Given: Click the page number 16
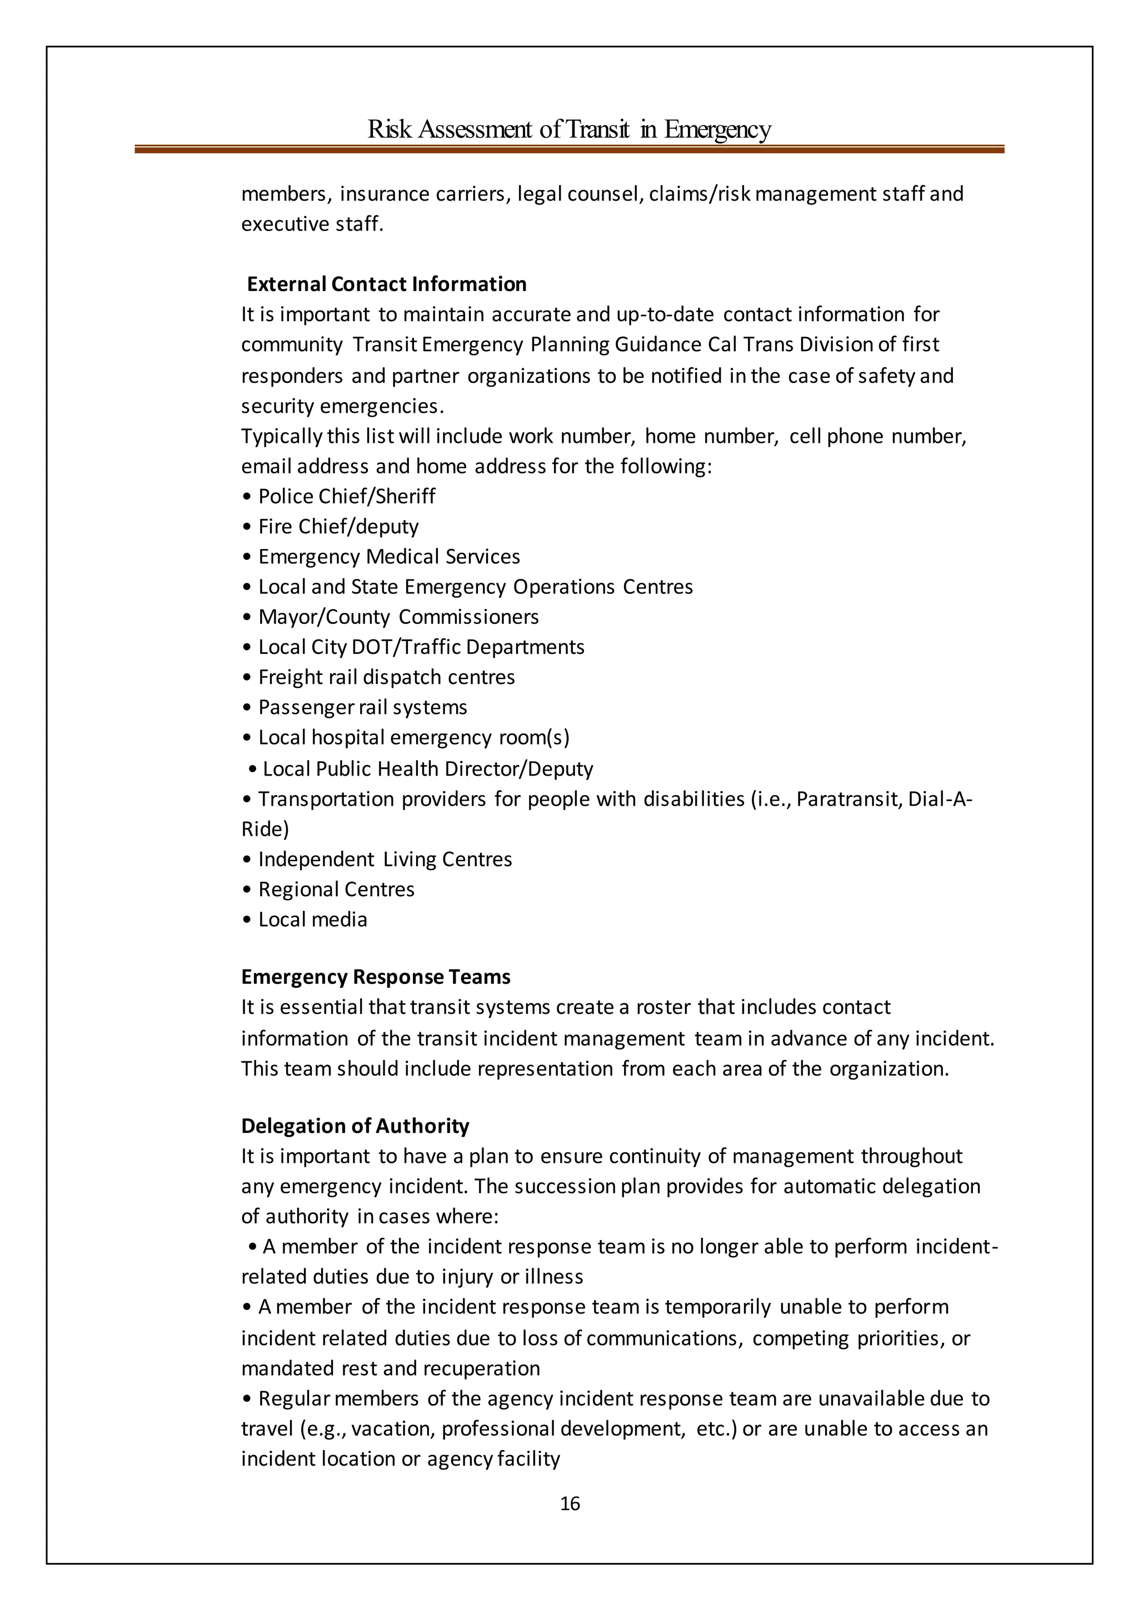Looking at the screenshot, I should click(570, 1503).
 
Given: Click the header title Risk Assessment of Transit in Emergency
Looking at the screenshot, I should click(569, 129).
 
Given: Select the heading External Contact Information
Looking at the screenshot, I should click(386, 284).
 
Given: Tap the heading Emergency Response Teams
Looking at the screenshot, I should click(376, 977).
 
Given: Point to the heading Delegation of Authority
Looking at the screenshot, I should click(355, 1126).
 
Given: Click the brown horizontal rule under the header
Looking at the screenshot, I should click(569, 149).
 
